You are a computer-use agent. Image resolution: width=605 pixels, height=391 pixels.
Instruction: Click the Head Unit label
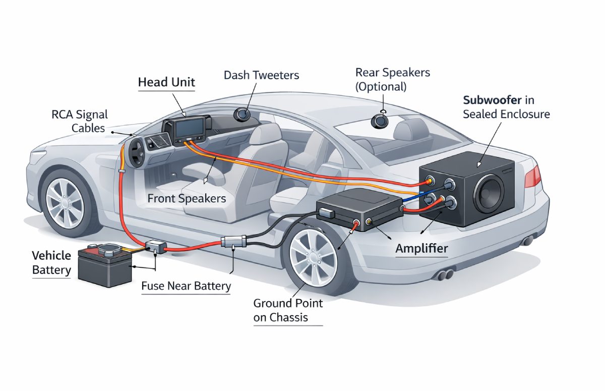pos(166,82)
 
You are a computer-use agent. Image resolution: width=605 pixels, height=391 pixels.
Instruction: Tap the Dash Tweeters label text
pos(261,75)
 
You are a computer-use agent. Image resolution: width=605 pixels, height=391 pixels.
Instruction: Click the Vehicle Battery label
pos(51,262)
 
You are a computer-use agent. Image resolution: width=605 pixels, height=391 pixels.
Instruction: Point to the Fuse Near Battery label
pos(186,286)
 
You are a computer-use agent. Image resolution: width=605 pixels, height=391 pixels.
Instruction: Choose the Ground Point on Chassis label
pos(288,310)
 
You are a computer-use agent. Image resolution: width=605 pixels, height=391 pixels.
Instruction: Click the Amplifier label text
pos(421,248)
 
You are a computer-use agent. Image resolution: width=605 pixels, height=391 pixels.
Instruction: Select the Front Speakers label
pos(187,198)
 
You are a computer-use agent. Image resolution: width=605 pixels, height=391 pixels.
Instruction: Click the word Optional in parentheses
pos(381,86)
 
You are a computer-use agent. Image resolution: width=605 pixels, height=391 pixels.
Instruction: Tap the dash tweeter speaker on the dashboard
pos(243,115)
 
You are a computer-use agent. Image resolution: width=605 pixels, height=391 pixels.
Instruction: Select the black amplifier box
pos(358,208)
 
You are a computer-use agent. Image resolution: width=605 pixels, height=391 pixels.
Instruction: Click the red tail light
pos(532,176)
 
